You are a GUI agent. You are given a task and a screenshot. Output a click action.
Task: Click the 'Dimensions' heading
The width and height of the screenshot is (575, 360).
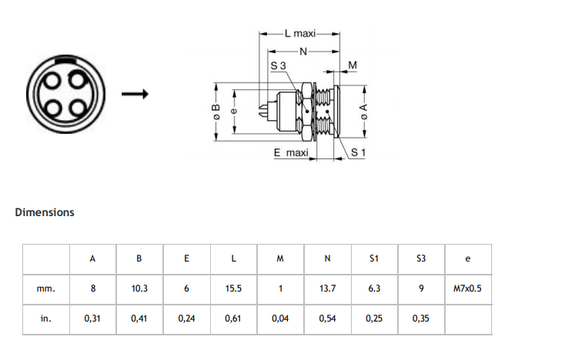coord(45,212)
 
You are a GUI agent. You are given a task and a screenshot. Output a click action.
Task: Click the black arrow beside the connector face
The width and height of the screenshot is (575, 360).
coord(135,94)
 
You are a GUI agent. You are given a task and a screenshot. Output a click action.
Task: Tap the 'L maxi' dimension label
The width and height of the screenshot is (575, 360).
coord(300,34)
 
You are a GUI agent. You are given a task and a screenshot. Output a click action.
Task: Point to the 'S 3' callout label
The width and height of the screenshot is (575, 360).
coord(278,65)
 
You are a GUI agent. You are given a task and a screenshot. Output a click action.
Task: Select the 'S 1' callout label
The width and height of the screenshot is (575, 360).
coord(358,152)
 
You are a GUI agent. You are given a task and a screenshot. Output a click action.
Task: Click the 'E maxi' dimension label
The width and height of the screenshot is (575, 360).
coord(291,152)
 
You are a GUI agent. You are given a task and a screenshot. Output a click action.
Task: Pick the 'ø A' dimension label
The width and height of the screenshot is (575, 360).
coord(363,112)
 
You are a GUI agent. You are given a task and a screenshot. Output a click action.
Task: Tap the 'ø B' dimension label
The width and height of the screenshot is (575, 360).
coord(216,112)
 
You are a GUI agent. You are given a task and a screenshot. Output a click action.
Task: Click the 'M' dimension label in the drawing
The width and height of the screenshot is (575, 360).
coord(353,65)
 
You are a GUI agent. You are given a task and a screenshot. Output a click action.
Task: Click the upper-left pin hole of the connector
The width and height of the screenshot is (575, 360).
coord(52,80)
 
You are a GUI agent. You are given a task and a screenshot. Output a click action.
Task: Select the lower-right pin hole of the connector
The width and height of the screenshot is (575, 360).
coord(79,108)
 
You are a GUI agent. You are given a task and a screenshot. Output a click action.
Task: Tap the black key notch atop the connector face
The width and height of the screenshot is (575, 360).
coord(65,58)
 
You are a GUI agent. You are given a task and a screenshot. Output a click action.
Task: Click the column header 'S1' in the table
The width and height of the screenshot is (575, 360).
coord(374,258)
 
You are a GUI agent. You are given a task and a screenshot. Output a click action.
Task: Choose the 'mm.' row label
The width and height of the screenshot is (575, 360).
coord(46,289)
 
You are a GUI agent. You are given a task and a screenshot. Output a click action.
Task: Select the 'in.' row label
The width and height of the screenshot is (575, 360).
coord(46,318)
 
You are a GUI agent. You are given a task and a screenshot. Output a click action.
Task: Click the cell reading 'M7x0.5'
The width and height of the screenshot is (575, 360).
coord(467,288)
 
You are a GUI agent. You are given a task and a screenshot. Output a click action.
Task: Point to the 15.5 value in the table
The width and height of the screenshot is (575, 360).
coord(233,288)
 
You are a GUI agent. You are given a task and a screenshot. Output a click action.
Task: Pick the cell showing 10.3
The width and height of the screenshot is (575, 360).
coord(139,288)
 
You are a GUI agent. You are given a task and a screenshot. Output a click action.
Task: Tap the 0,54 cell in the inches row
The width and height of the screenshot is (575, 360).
coord(327,318)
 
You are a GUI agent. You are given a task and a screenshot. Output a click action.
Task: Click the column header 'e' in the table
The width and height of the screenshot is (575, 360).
coord(467,258)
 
